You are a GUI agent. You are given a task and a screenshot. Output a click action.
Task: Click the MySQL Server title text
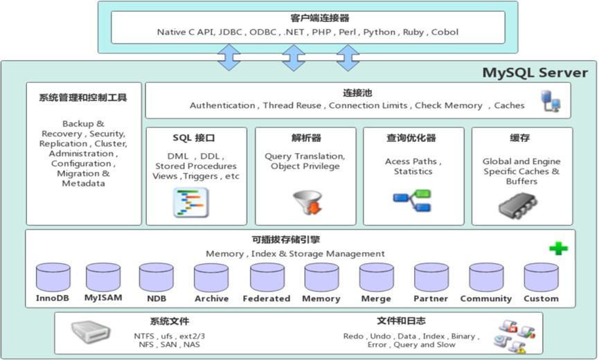coord(535,73)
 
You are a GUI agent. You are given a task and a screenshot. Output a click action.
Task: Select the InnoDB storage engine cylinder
coord(53,277)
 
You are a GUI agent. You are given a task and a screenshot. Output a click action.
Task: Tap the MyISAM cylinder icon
coord(103,277)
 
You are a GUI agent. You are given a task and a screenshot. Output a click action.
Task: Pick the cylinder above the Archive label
coord(211,277)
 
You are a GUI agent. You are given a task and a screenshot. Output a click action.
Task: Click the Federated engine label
coord(266,298)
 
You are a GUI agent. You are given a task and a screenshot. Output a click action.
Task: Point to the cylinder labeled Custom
coord(541,277)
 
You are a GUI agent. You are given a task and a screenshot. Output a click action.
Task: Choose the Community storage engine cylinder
coord(486,277)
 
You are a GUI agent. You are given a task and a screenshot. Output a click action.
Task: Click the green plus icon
coord(558,248)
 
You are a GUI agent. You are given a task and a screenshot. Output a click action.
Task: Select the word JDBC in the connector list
coord(232,32)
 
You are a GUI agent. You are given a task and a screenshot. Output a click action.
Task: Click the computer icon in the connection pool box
coord(551,102)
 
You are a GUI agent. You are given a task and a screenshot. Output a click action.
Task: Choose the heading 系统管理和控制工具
coord(83,98)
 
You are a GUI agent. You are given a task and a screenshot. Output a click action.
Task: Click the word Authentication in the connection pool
coord(222,105)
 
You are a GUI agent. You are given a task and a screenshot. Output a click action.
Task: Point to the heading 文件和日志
coord(401,321)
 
